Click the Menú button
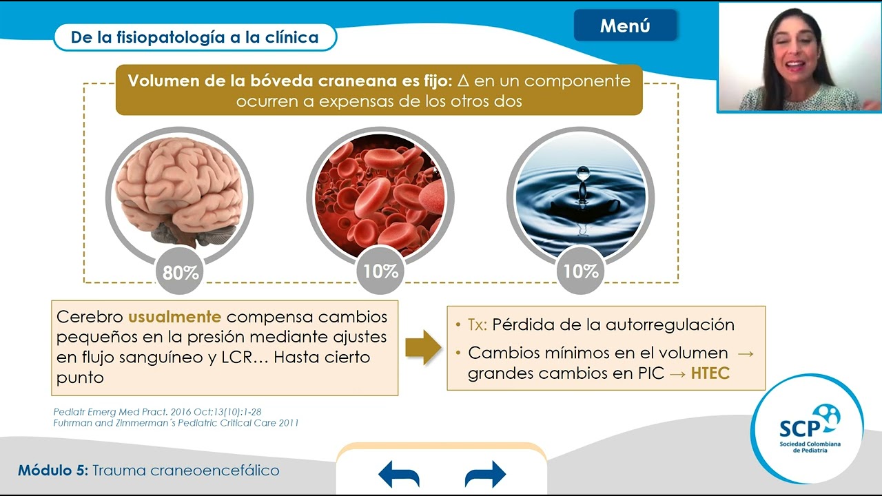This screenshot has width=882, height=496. pyautogui.click(x=625, y=26)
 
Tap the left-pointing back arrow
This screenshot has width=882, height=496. pyautogui.click(x=399, y=475)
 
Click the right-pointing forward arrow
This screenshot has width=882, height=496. pyautogui.click(x=485, y=475)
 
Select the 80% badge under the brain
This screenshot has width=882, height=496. pyautogui.click(x=181, y=273)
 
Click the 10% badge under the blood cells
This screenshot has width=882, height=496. pyautogui.click(x=380, y=271)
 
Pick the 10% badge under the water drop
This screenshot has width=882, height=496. pyautogui.click(x=580, y=271)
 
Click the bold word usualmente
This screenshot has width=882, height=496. pyautogui.click(x=174, y=317)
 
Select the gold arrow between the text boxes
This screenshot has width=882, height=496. pyautogui.click(x=422, y=347)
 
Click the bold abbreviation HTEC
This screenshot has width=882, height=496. pyautogui.click(x=710, y=374)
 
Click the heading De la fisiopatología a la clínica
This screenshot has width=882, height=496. pyautogui.click(x=194, y=37)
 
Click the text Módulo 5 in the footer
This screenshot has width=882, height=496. pyautogui.click(x=52, y=471)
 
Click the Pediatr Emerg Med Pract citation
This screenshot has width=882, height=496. pyautogui.click(x=157, y=412)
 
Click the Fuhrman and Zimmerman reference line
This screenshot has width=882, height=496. pyautogui.click(x=176, y=423)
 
